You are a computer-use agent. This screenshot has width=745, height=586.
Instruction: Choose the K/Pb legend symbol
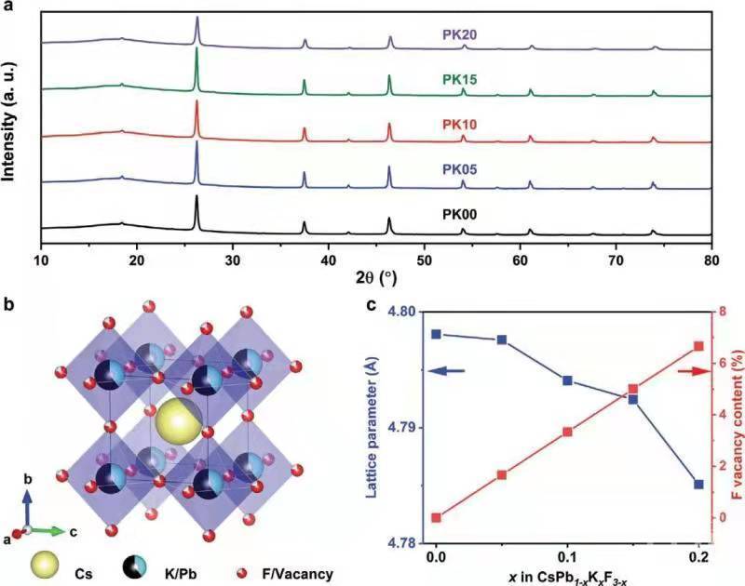click(133, 565)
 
